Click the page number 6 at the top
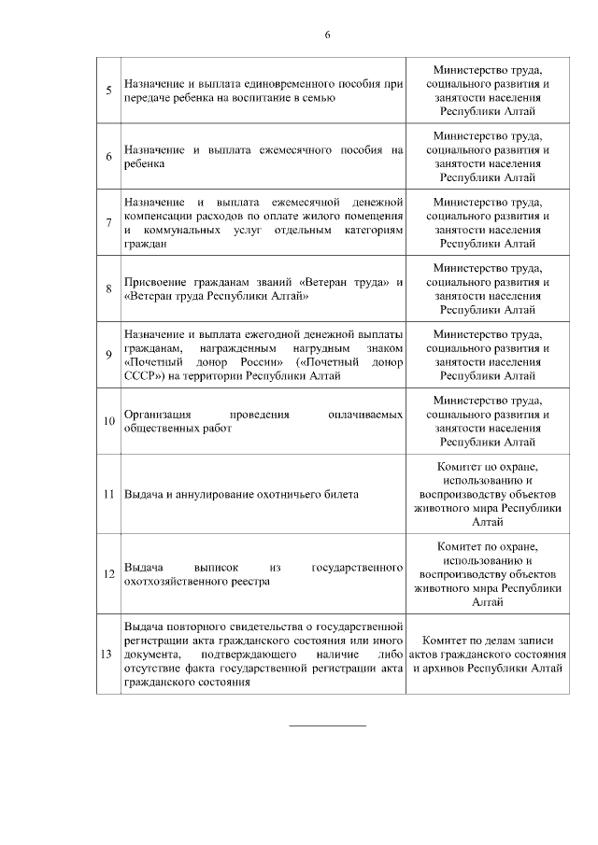[x=327, y=35]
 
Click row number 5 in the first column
[x=109, y=91]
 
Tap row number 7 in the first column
[x=109, y=222]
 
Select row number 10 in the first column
[x=109, y=420]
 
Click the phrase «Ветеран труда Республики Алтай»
[x=216, y=295]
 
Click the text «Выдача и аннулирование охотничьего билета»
[x=241, y=494]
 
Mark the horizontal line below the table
[x=327, y=725]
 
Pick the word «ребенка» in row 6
[x=143, y=163]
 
